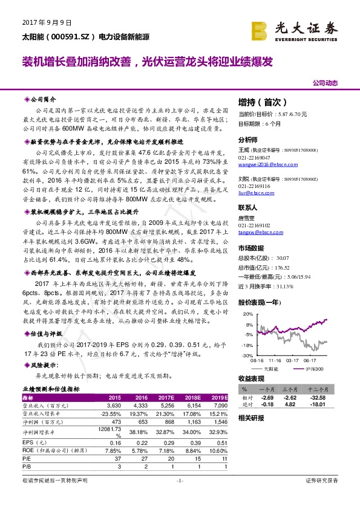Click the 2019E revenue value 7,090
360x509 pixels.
(221, 405)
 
